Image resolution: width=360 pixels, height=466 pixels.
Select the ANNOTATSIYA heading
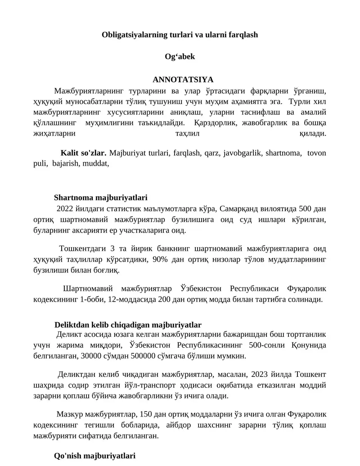coord(180,80)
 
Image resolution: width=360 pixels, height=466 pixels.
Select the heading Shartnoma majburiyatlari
coord(100,197)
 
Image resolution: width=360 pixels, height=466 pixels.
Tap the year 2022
coord(65,208)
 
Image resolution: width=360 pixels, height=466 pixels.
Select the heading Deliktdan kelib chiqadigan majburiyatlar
coord(127,325)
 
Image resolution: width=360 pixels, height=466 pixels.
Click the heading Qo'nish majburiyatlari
coord(94,456)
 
